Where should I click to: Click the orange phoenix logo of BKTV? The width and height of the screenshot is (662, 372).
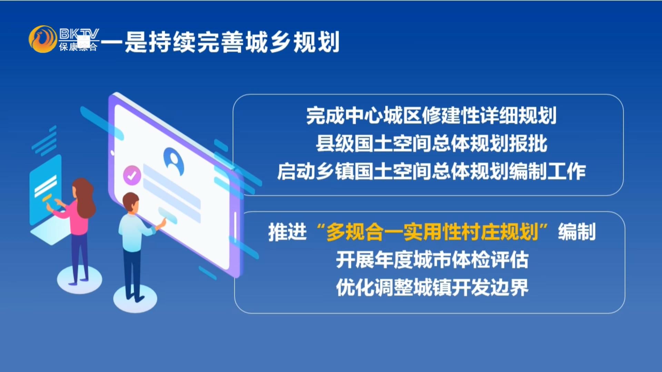point(43,39)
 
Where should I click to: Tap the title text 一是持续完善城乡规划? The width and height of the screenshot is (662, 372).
point(220,42)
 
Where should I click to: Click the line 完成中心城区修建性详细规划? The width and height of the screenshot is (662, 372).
point(431,116)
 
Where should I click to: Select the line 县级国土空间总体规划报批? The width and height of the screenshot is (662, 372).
point(431,143)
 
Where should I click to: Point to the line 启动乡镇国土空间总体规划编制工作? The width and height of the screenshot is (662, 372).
point(431,171)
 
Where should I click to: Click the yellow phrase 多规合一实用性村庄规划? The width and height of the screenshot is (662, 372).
point(432,232)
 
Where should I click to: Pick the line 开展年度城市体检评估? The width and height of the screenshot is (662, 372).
point(432,260)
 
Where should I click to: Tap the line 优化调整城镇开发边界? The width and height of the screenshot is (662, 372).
point(432,287)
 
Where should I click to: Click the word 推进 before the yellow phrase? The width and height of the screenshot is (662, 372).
point(287,232)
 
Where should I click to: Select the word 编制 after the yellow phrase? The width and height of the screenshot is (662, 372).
point(577,232)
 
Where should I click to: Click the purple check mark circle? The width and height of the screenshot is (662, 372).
point(132,175)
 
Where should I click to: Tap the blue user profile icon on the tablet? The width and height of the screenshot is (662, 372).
point(173,161)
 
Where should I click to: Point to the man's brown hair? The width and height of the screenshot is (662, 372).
point(131,201)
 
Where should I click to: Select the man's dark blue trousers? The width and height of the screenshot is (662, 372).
point(132,274)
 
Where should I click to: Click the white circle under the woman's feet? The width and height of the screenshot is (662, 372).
point(80,279)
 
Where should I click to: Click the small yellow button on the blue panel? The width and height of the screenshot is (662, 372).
point(47,197)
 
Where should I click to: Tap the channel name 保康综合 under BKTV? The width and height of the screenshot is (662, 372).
point(78,47)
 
